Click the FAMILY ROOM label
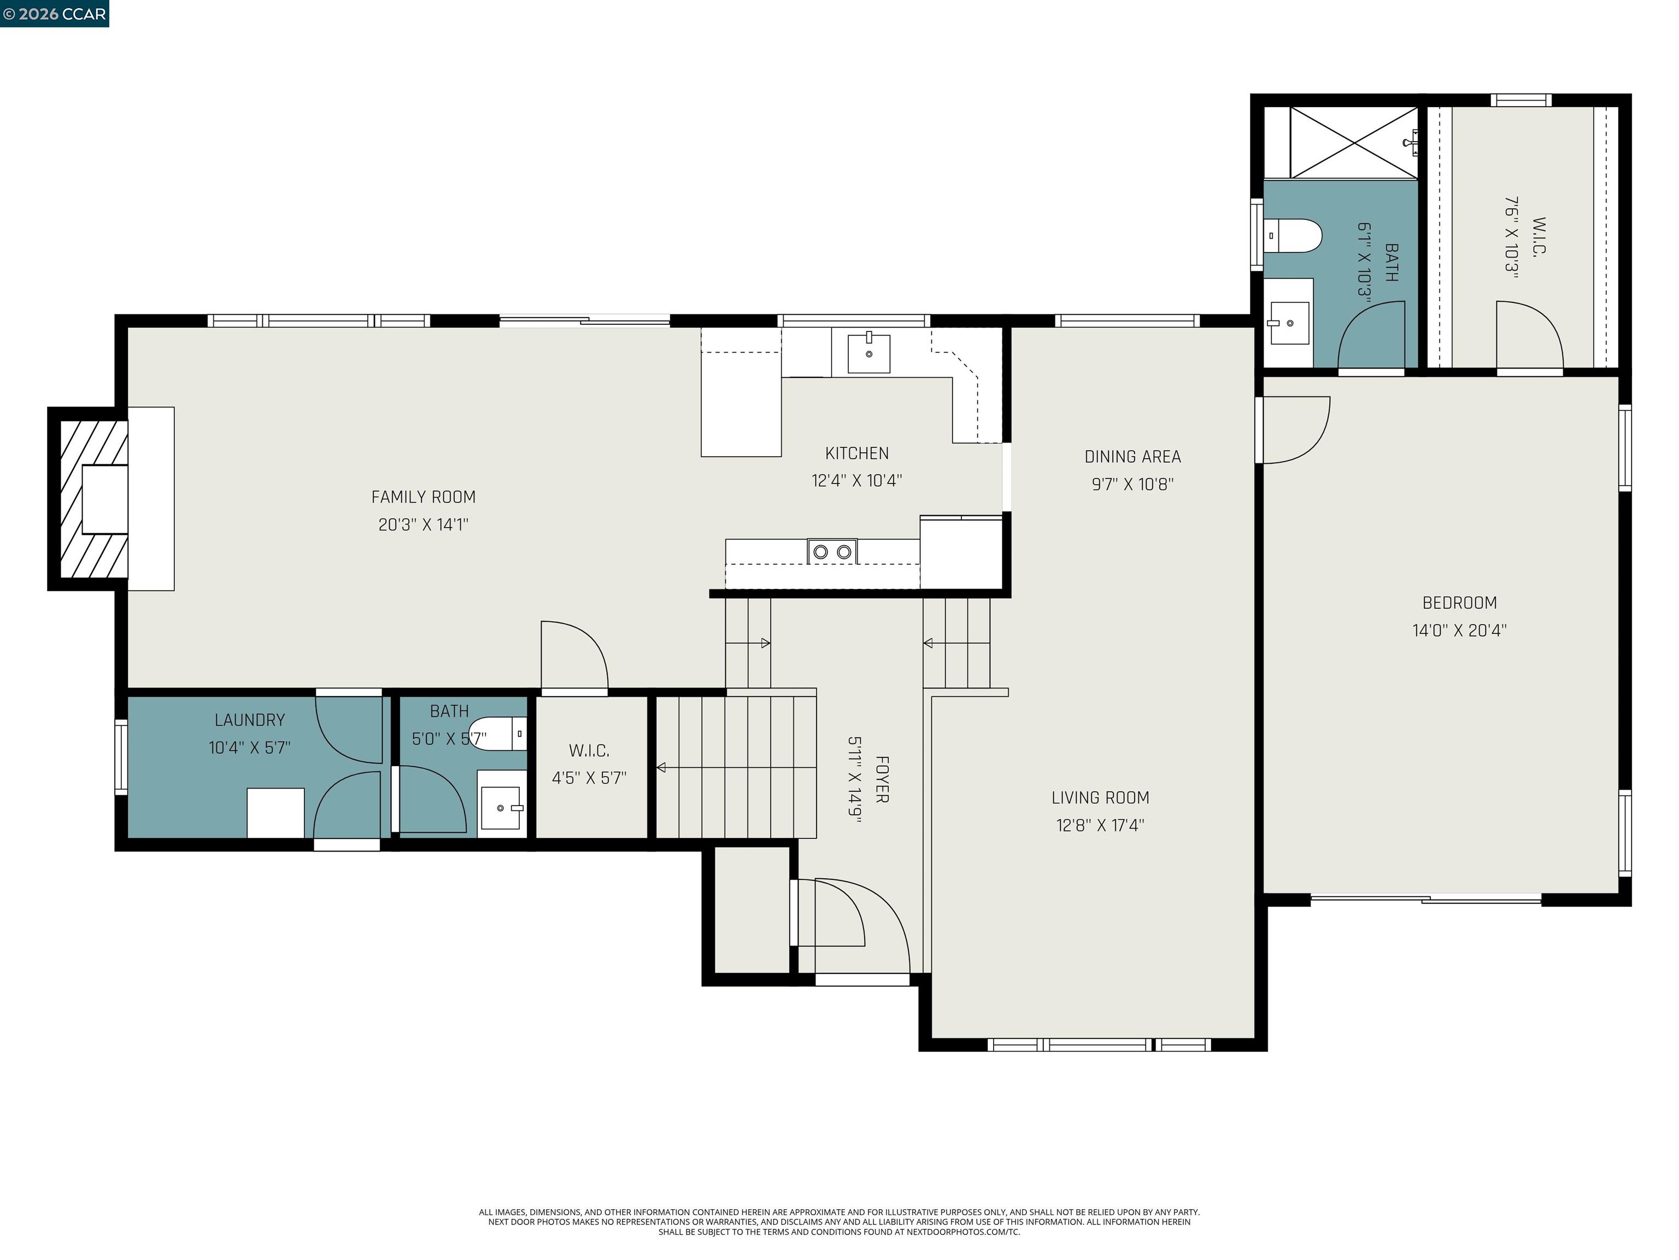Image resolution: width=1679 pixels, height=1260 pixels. tap(423, 497)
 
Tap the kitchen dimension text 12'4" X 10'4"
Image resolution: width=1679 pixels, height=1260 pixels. tap(856, 481)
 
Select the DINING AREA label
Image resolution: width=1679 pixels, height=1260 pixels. tap(1132, 457)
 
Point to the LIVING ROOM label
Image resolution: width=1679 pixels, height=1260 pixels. tap(1100, 797)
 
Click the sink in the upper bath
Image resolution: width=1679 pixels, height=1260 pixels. tap(1289, 323)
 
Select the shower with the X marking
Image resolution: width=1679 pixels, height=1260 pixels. tap(1353, 143)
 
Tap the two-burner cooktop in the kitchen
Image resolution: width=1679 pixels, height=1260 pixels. tap(832, 551)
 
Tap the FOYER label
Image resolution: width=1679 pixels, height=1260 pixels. tap(881, 779)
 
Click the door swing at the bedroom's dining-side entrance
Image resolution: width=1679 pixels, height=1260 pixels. tap(1294, 429)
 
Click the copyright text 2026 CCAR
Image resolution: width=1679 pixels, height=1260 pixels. tap(54, 14)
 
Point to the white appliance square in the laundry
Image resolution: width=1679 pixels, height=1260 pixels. tap(275, 813)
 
